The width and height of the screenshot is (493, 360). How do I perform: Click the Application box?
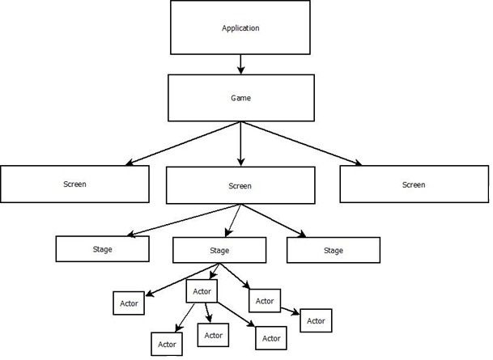click(240, 28)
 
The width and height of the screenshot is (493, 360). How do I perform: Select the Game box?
click(241, 98)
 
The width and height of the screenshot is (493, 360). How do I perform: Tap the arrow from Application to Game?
click(241, 65)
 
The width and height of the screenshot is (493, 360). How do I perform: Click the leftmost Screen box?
click(74, 184)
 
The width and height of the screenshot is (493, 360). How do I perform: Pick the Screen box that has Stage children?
click(240, 185)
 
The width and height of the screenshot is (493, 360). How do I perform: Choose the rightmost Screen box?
click(414, 184)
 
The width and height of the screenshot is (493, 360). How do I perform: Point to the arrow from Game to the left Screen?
click(183, 143)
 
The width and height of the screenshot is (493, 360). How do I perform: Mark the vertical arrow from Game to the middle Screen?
click(241, 144)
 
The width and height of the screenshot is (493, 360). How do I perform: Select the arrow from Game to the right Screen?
click(301, 143)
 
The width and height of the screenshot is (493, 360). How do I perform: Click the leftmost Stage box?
click(103, 249)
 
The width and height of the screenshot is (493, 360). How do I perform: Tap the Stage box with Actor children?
click(219, 250)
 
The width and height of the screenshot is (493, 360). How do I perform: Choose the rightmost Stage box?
click(334, 250)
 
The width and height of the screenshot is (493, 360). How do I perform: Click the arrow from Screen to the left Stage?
click(184, 220)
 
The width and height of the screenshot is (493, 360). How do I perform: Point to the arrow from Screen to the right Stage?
click(274, 221)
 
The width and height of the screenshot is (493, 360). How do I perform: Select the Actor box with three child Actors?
click(202, 291)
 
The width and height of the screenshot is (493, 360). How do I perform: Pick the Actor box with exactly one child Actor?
click(265, 301)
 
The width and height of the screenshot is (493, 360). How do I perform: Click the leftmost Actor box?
click(129, 303)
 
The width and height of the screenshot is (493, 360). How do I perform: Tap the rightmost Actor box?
click(316, 320)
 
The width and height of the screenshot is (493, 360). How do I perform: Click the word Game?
click(241, 98)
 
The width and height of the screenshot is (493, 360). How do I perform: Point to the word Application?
click(240, 28)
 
